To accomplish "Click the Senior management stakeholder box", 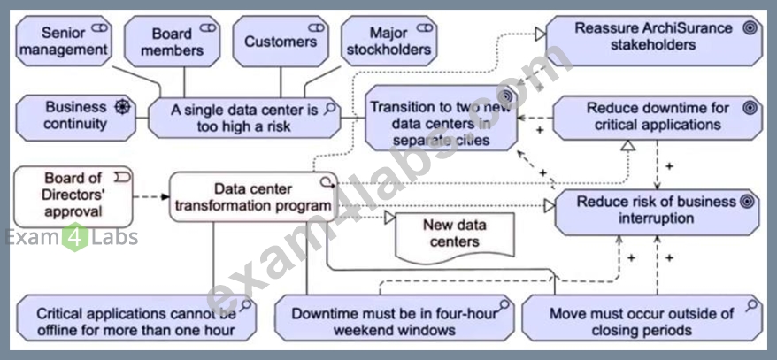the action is [64, 41].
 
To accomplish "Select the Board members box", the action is [172, 41].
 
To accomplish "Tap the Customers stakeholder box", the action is [281, 41].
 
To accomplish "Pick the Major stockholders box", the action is [389, 41].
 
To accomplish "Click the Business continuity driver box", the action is [76, 118].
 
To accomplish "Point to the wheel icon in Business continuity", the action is [121, 107].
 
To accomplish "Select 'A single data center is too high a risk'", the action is [244, 118].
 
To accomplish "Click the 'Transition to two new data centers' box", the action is [442, 118].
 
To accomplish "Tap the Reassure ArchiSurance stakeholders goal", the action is [654, 41].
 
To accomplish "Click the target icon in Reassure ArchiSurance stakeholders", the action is [750, 28].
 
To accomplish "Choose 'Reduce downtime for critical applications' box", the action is [658, 118].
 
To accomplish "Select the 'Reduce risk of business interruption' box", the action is [657, 212].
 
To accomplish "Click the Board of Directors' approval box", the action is [73, 196].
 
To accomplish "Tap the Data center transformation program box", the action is [254, 196].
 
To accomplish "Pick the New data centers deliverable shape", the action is [454, 237].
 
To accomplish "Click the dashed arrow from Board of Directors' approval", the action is [151, 197].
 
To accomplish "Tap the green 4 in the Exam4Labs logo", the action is [75, 237].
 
